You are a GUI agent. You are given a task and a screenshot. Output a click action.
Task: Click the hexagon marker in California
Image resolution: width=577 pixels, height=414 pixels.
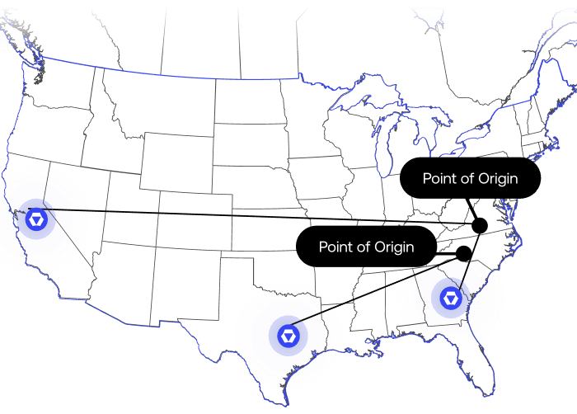click(36, 219)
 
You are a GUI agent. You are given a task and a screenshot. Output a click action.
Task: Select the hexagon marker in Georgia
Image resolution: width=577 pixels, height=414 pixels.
click(452, 298)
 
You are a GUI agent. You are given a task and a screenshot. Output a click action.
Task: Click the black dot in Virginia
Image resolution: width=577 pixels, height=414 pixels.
click(480, 225)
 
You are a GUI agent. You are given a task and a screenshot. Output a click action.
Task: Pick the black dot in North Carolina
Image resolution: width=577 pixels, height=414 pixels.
click(463, 252)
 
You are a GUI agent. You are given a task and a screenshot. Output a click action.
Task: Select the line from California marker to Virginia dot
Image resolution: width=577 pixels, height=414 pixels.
click(247, 216)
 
